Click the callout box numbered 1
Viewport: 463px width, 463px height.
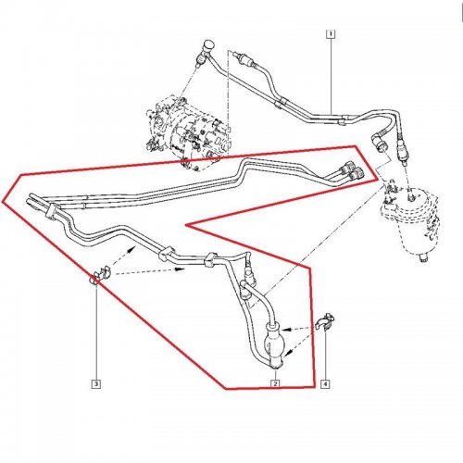click(331, 33)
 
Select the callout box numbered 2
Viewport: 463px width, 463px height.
click(275, 383)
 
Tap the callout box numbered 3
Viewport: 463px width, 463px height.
click(96, 384)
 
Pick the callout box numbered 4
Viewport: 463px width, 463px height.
click(325, 384)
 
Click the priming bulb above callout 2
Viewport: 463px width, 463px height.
click(274, 344)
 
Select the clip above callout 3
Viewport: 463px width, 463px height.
click(100, 274)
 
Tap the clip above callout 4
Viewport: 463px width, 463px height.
click(326, 322)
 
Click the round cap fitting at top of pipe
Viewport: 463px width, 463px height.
click(207, 45)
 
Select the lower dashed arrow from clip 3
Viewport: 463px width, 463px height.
click(150, 271)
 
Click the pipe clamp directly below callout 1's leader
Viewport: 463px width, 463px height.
click(342, 120)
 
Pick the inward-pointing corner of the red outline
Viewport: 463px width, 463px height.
click(186, 225)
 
